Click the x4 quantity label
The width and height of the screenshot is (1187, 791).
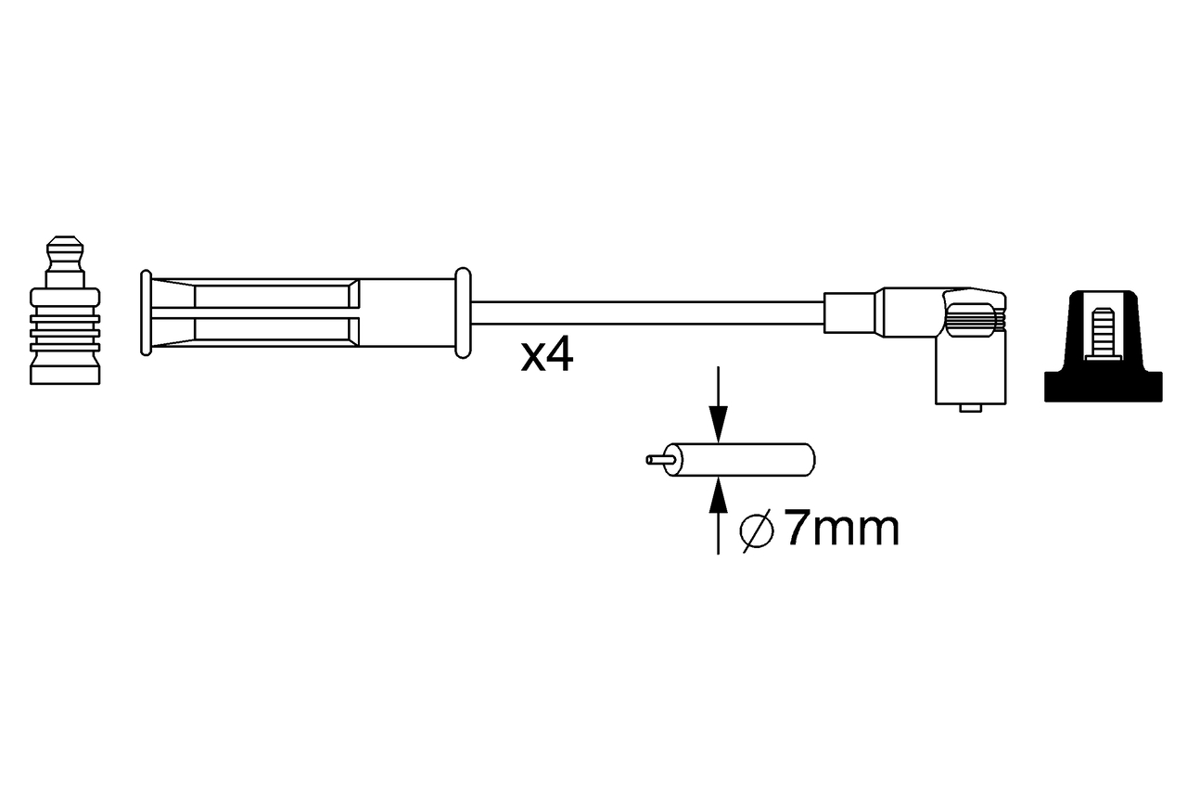(x=546, y=355)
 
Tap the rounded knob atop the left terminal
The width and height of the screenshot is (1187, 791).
(x=64, y=249)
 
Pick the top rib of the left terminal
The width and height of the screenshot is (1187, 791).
(x=64, y=298)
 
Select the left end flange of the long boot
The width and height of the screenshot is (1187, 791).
(x=146, y=313)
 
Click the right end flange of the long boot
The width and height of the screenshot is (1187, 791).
(x=463, y=313)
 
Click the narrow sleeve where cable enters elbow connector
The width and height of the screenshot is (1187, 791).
(x=849, y=313)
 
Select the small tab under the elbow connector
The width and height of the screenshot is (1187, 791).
(x=971, y=407)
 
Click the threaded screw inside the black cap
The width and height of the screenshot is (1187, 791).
(x=1102, y=332)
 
